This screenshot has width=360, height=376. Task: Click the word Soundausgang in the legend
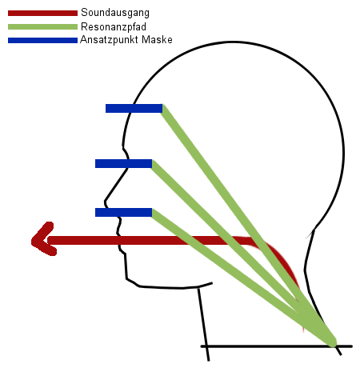point(115,13)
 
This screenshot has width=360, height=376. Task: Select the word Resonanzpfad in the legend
point(114,26)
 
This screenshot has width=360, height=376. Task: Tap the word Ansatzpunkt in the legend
point(109,40)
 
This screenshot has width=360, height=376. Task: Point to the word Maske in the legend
point(157,39)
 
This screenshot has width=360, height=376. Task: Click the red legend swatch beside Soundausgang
point(42,13)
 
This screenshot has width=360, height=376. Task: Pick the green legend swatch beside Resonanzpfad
point(42,26)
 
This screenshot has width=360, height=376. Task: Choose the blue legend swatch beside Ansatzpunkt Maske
point(42,40)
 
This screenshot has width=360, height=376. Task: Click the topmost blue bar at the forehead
point(134,108)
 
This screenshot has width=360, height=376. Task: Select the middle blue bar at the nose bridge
point(123,163)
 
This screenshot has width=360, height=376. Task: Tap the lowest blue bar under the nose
point(123,212)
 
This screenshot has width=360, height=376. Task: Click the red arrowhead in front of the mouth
point(42,239)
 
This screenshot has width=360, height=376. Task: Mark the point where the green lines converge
point(332,342)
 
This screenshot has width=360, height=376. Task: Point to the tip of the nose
point(106,201)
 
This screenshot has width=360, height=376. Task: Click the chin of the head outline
point(127,278)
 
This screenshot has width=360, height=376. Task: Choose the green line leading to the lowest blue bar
point(242,277)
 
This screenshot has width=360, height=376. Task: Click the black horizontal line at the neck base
point(277,346)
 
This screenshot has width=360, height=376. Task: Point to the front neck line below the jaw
point(203,324)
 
